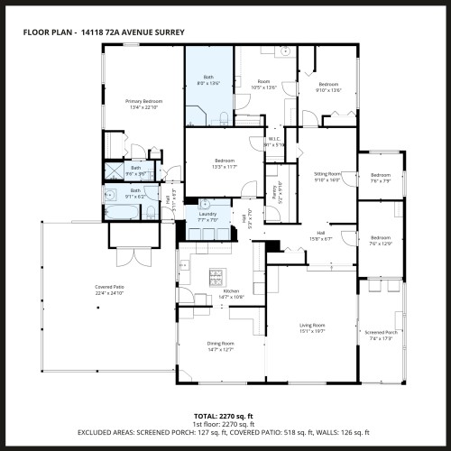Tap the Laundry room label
208,214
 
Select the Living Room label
312,325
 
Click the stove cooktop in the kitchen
216,274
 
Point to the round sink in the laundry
205,203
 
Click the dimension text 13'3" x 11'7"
225,167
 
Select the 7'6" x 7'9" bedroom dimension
380,180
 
